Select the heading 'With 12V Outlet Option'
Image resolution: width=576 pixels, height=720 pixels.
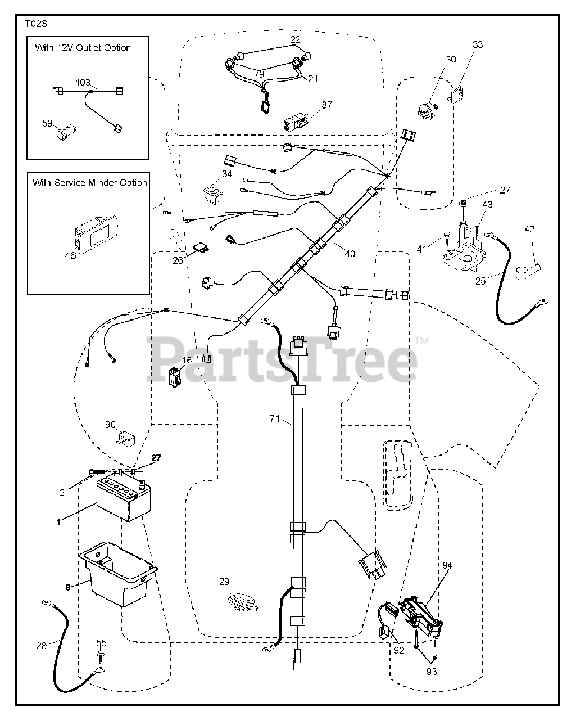coord(83,48)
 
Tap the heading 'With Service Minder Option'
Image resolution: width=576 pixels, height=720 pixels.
coord(89,183)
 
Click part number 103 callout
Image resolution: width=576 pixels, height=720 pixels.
coord(83,82)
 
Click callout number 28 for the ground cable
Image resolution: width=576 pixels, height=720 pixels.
coord(40,645)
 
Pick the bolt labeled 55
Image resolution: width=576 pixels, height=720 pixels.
coord(100,656)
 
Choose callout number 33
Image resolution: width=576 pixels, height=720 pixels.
coord(477,44)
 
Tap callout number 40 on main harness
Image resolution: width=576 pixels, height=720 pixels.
coord(350,254)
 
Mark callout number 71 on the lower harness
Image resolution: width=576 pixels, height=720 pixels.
coord(274,418)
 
